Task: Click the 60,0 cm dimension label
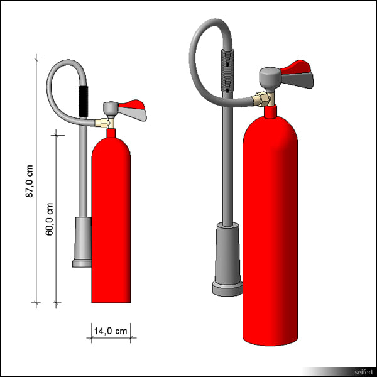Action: [x=50, y=218]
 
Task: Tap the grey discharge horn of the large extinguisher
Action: [x=227, y=258]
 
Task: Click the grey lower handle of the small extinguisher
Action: [x=133, y=115]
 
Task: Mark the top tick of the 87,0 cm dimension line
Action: [x=36, y=58]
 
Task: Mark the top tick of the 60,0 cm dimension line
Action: [x=57, y=133]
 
